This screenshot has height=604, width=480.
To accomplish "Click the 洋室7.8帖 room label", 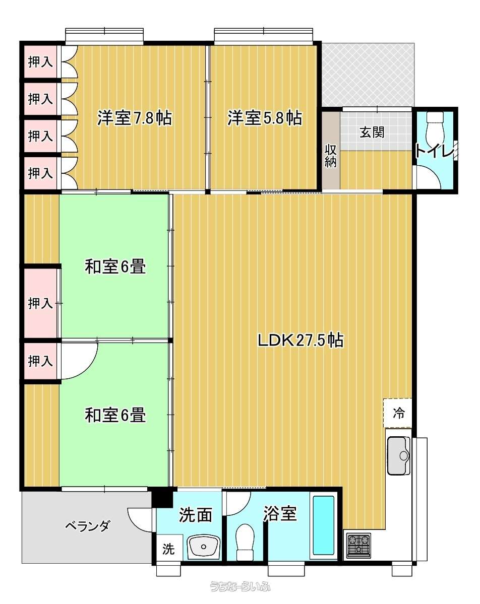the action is coord(135,117).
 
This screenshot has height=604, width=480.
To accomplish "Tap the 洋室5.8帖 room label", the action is coord(265,117).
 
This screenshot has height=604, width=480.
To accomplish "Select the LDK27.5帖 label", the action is coord(301,340).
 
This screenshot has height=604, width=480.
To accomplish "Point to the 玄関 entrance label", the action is coord(372,132).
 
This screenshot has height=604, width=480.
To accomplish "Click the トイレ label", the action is coord(435,151).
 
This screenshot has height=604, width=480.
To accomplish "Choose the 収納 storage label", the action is coord(330,155).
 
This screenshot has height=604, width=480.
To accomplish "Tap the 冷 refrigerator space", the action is coord(398,413).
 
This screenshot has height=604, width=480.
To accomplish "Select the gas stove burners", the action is coord(358,546).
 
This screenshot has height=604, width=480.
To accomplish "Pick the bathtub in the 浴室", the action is coord(324,525).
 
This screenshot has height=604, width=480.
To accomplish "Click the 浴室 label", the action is coord(280,513).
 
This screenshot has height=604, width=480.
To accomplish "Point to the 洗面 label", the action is coord(196,515).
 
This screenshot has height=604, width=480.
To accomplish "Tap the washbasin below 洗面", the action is coord(203,546).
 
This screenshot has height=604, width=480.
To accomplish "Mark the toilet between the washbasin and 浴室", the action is coord(245,541).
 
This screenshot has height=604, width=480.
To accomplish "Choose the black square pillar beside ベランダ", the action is coord(162,498).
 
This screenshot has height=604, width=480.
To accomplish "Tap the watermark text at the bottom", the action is coord(240,586).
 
